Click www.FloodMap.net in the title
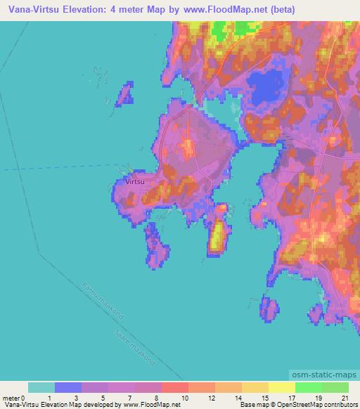225,9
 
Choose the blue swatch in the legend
68,387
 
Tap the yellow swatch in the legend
282,387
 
